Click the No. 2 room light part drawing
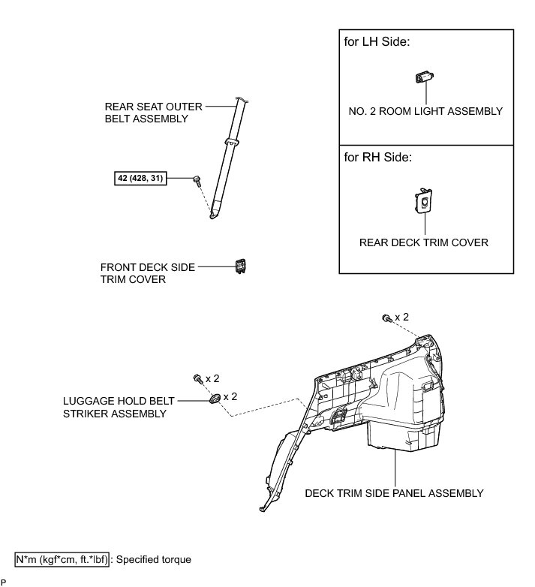(425, 78)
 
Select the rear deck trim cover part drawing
(425, 200)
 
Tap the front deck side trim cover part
(241, 266)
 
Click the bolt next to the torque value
(197, 179)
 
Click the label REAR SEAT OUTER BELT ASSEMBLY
(146, 113)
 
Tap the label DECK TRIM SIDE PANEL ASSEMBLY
(394, 493)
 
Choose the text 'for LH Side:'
(377, 43)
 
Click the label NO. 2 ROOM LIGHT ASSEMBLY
(425, 111)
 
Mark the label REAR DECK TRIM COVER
(424, 242)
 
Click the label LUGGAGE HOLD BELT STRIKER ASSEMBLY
(115, 408)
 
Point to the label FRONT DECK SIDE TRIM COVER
(137, 273)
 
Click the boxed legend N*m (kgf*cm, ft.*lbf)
(62, 559)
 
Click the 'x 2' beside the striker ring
(230, 396)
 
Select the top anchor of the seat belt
(242, 98)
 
